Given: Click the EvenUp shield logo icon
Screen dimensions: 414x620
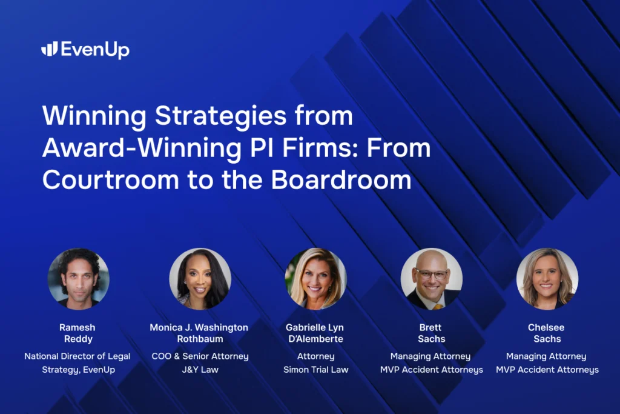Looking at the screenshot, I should [x=49, y=49].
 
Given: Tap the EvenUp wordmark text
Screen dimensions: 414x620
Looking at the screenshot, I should [x=95, y=50].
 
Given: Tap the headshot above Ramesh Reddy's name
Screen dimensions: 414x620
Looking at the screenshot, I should [x=78, y=279].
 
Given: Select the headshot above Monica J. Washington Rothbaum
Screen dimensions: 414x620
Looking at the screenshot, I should [x=199, y=279].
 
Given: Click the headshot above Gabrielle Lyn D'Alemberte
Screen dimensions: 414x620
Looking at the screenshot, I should [x=315, y=279].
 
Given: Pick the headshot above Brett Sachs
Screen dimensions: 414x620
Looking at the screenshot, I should [x=431, y=279].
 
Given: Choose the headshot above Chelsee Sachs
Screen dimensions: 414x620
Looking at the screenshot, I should [x=547, y=279].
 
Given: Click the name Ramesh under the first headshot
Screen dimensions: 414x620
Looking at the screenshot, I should [x=77, y=327].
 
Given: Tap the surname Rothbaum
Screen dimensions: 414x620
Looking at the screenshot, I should [x=200, y=339].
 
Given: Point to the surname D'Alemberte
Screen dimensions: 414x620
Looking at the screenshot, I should [x=315, y=339].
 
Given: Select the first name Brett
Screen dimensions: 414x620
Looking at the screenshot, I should [x=430, y=327].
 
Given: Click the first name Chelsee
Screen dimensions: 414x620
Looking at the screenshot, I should [x=546, y=327].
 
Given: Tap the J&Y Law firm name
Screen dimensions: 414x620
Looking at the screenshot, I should [x=200, y=369].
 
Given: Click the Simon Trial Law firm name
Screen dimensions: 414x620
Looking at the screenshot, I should [x=315, y=369].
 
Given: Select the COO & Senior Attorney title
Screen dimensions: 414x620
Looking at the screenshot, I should [x=200, y=356].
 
